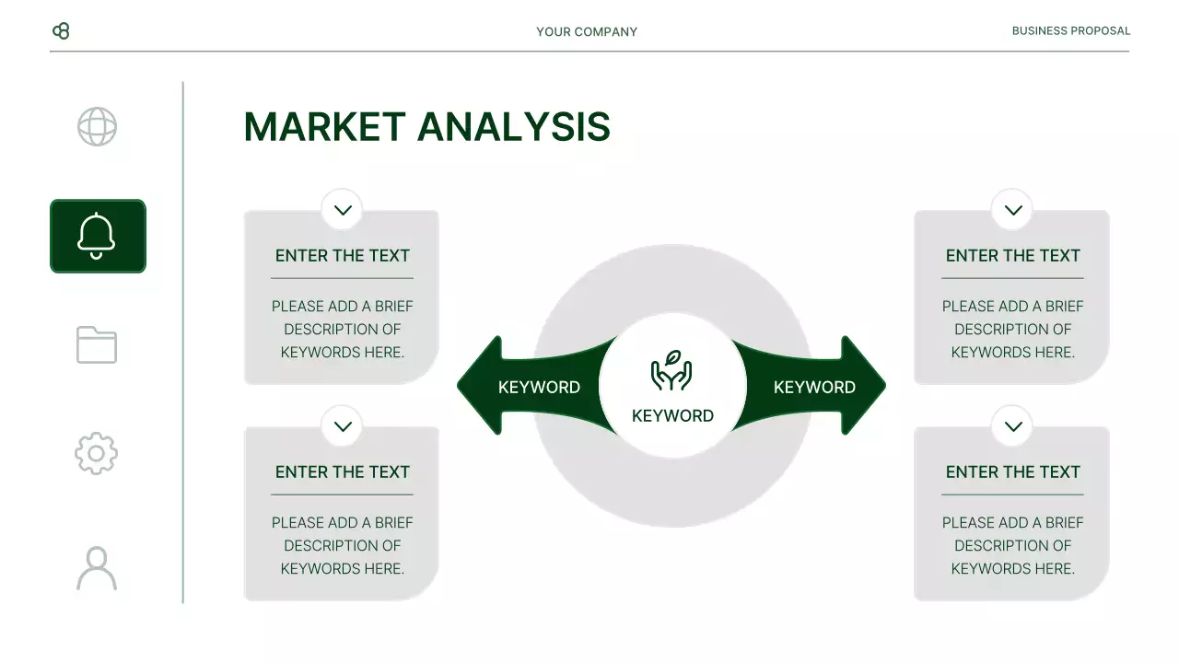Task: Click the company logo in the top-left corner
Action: (x=61, y=31)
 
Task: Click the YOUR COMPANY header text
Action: (x=587, y=31)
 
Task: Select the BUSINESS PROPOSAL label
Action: (x=1070, y=30)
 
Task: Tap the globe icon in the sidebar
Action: (x=97, y=127)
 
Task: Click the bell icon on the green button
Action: (x=97, y=236)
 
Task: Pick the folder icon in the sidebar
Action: (x=97, y=344)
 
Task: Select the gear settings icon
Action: (x=97, y=453)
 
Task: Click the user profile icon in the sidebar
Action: (x=97, y=568)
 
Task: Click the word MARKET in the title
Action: (x=324, y=127)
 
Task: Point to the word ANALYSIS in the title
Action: (x=513, y=127)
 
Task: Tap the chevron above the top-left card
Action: (x=343, y=210)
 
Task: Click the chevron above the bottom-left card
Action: (x=343, y=426)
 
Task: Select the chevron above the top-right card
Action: (x=1013, y=210)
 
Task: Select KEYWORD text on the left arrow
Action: (x=539, y=387)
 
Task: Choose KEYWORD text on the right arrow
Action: (x=814, y=387)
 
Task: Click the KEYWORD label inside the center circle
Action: (x=672, y=415)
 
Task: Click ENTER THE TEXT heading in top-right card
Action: (x=1012, y=256)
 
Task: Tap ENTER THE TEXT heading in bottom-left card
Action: (x=342, y=472)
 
